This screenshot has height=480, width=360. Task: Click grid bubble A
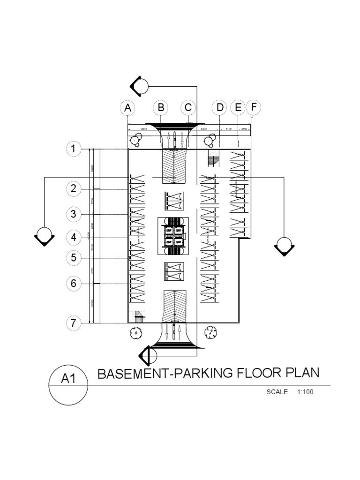coord(127,108)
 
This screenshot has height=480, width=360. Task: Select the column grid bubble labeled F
coord(254,107)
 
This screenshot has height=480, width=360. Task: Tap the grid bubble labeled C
coord(188,108)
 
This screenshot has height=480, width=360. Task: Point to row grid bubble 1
coord(73,149)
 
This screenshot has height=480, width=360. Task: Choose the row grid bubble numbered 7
coord(73,323)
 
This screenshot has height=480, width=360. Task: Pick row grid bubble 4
coord(73,238)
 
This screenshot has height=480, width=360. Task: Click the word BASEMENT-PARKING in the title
coord(163,374)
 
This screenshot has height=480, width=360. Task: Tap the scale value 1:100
coord(305,392)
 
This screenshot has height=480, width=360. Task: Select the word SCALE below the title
coord(277,392)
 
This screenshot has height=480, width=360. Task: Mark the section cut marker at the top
coord(139,86)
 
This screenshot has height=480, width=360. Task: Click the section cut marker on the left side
coord(44,236)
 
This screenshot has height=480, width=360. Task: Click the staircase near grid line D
coord(213,159)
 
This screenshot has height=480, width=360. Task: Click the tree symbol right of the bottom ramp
coord(211,332)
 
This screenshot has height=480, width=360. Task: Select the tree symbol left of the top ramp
coord(136,139)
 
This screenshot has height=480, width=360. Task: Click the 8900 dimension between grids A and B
coord(144,128)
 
